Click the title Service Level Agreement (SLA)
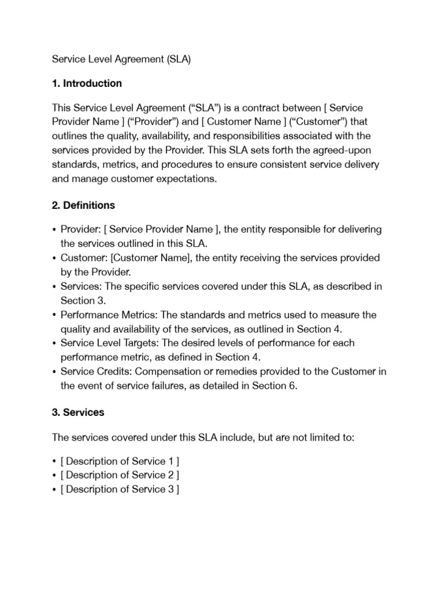coord(121,59)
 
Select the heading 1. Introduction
coord(87,83)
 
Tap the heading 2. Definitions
coord(83,205)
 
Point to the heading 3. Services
coord(78,412)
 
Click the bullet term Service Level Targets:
coord(109,343)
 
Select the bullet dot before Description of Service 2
coord(54,476)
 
